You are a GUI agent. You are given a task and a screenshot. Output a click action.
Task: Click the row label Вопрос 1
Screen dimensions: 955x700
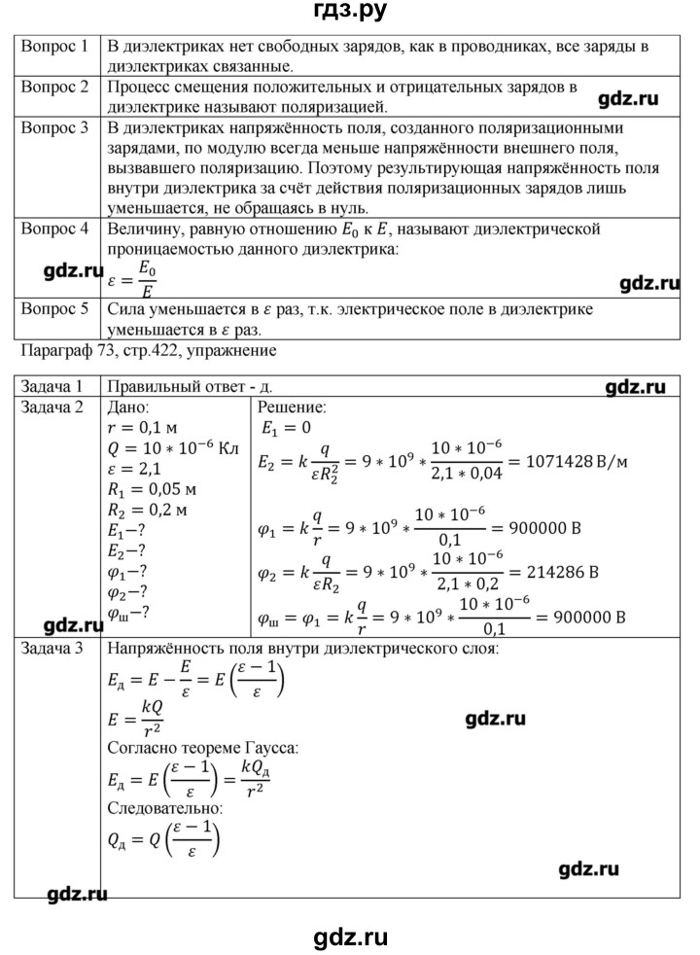[55, 46]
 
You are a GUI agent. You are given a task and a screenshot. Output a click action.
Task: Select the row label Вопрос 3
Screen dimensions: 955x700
[55, 127]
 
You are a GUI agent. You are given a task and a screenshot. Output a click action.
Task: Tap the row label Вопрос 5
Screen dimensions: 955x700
[55, 308]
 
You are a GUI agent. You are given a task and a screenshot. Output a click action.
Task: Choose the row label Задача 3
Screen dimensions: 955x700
[55, 648]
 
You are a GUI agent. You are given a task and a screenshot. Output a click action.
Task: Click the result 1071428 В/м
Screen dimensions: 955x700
[567, 460]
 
